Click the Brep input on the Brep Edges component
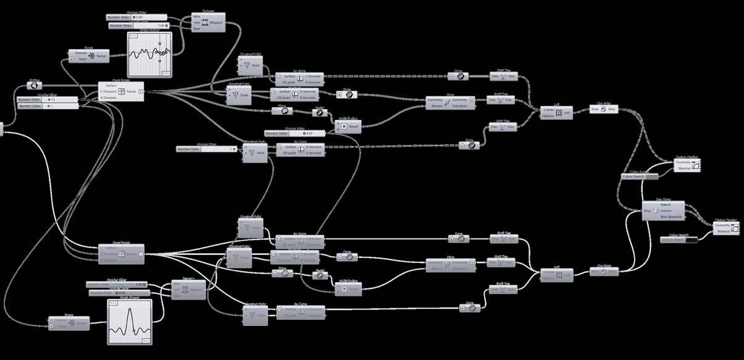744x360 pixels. (647, 211)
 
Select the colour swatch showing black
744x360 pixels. (679, 239)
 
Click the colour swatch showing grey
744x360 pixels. (642, 177)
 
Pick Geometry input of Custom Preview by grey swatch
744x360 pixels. (682, 162)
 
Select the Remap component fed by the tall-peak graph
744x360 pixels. (188, 288)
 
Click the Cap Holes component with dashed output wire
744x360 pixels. (604, 109)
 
